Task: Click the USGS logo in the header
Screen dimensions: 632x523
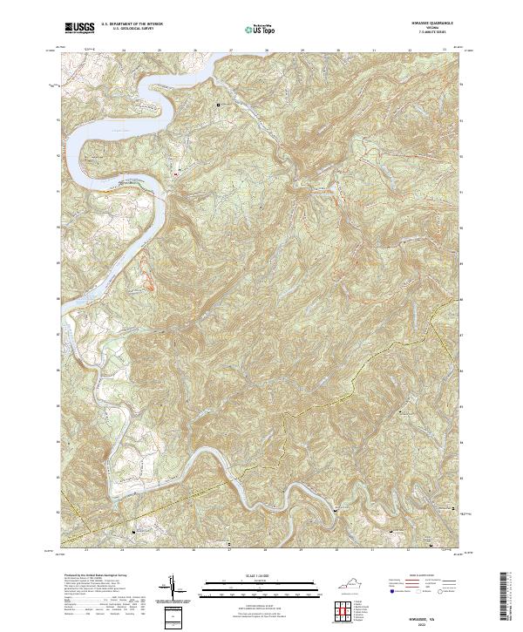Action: pos(76,28)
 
